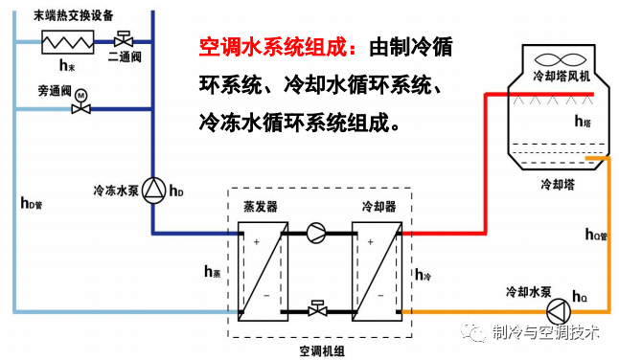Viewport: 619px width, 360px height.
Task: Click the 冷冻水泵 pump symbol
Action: (x=155, y=191)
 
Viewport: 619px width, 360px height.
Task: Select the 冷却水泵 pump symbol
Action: (x=557, y=311)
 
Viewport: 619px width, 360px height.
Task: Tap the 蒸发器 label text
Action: (x=261, y=205)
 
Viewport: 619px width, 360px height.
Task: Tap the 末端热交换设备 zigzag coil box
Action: (x=66, y=41)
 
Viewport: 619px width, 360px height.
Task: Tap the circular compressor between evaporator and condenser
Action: (x=317, y=232)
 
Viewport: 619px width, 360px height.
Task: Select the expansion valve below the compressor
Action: (x=317, y=308)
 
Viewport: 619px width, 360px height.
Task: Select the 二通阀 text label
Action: (x=125, y=57)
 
